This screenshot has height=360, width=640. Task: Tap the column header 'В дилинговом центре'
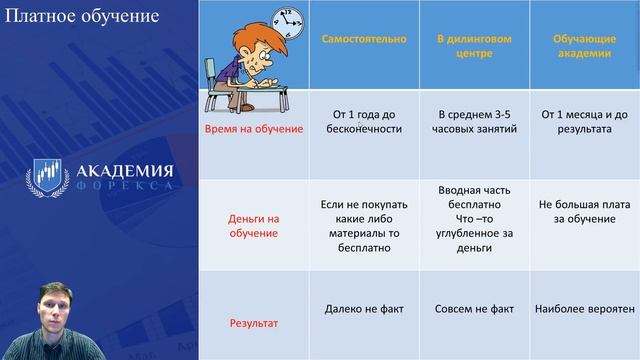(469, 46)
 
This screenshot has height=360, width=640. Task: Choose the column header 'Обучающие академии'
(583, 46)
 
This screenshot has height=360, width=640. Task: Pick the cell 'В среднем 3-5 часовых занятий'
(469, 123)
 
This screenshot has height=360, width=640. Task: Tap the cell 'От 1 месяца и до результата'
(583, 123)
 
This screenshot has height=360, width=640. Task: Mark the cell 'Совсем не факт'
(469, 310)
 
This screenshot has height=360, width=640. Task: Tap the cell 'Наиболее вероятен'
(584, 310)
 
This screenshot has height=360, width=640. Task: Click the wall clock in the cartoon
(287, 18)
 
